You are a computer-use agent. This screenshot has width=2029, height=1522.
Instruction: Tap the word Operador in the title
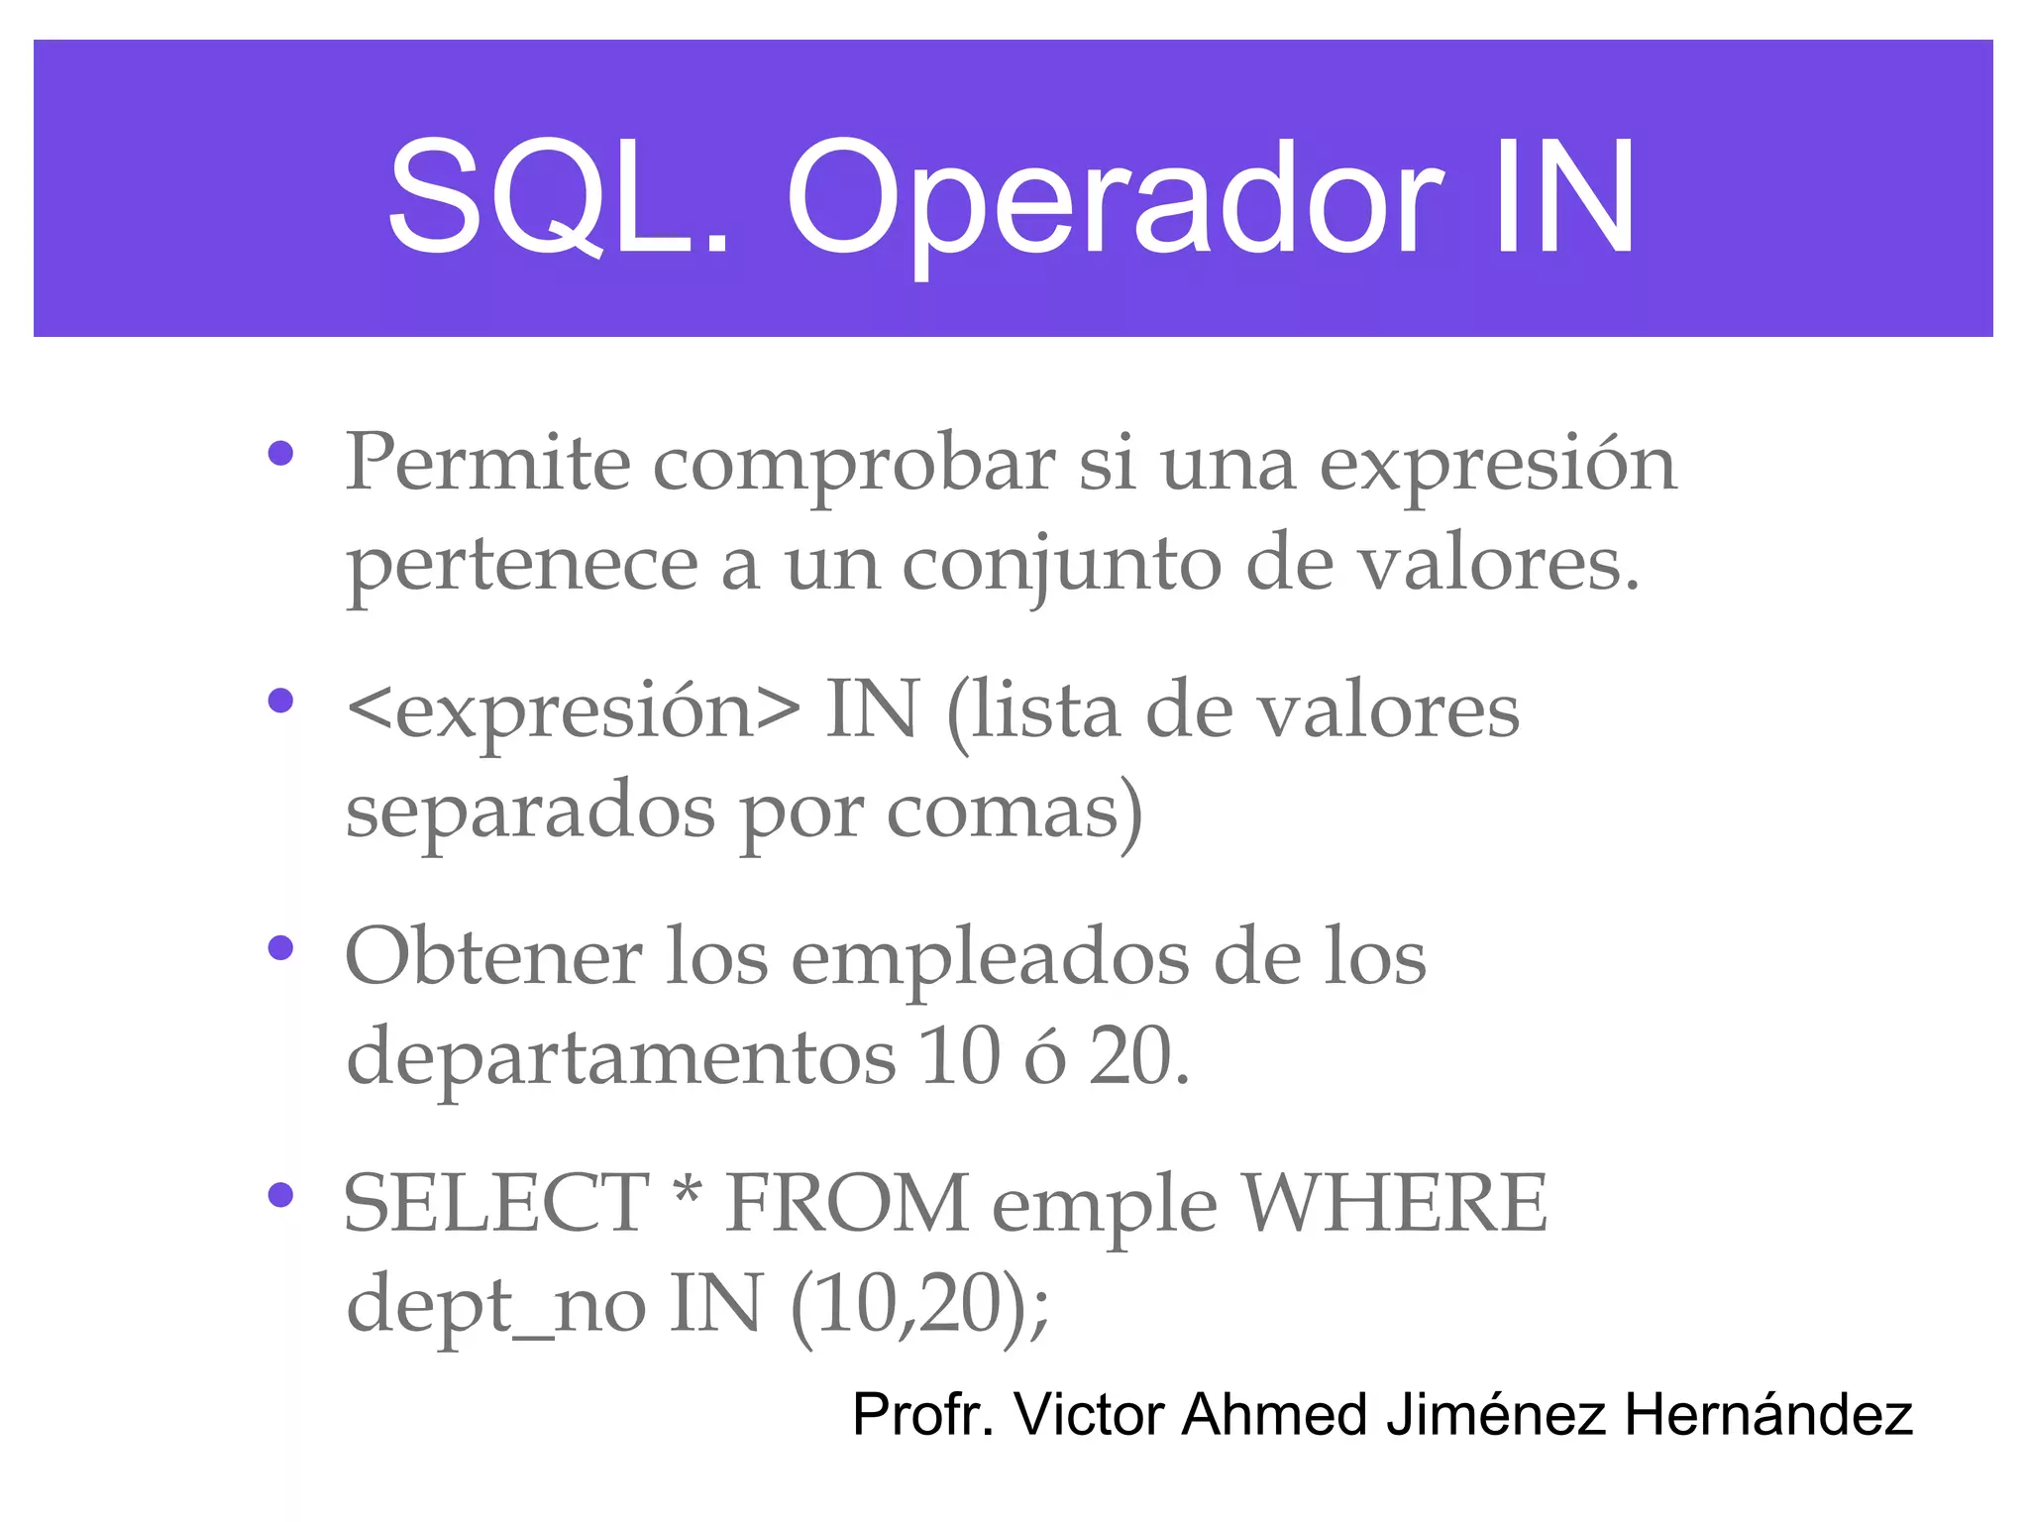pos(1115,203)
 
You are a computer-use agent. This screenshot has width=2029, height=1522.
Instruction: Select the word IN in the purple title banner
pos(1563,198)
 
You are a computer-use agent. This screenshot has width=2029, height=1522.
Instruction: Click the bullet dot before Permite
pos(281,454)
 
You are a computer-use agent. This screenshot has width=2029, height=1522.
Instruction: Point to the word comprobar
pos(854,466)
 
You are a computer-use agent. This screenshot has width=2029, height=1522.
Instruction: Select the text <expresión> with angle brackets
pos(574,711)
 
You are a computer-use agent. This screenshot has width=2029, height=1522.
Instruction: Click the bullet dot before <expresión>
pos(281,702)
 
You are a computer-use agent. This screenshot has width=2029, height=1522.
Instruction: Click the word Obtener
pos(493,957)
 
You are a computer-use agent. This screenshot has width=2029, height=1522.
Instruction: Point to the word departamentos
pos(621,1058)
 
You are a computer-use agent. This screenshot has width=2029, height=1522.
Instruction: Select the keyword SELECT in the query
pos(495,1203)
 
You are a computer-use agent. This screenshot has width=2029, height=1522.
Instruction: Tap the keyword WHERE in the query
pos(1395,1203)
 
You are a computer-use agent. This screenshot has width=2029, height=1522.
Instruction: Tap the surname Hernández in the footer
pos(1768,1414)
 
